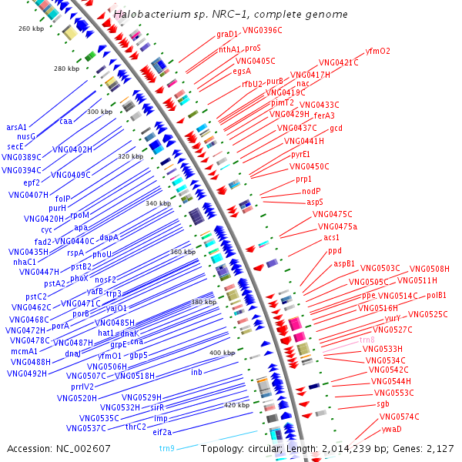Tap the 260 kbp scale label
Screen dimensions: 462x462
(32, 28)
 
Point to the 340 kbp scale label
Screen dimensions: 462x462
(158, 203)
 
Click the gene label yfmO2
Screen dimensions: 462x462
(377, 52)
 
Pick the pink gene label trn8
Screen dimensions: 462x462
(367, 340)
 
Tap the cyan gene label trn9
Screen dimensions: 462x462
(167, 448)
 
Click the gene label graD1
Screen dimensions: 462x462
(227, 34)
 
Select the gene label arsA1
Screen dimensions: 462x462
(16, 127)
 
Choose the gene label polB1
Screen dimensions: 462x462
(437, 295)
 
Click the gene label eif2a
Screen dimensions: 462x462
(162, 432)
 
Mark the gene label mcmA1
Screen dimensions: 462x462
(25, 351)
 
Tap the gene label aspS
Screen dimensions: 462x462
(315, 202)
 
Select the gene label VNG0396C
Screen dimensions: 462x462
(263, 31)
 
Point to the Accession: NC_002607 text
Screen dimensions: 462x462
(46, 448)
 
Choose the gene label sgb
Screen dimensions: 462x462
(383, 403)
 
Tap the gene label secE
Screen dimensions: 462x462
(16, 146)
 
